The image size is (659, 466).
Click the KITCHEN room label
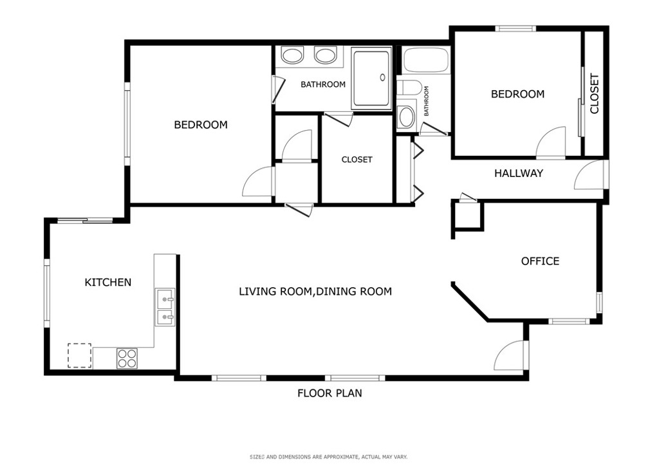[x=108, y=283]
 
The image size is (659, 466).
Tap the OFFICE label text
[x=540, y=261]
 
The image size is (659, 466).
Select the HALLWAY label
[x=518, y=173]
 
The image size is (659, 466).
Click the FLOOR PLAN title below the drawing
[x=329, y=393]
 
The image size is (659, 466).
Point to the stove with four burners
[x=127, y=359]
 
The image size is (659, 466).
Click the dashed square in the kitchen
[x=79, y=355]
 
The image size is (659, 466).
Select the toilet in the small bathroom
[x=409, y=88]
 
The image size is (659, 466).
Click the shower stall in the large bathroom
[x=371, y=78]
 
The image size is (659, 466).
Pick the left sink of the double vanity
[x=292, y=56]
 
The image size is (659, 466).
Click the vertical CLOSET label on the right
[x=594, y=94]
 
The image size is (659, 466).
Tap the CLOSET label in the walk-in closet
[x=357, y=160]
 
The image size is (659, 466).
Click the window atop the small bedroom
[x=515, y=28]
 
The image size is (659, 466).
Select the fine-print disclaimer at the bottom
[x=329, y=457]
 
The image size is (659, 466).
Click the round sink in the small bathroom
[x=406, y=116]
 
